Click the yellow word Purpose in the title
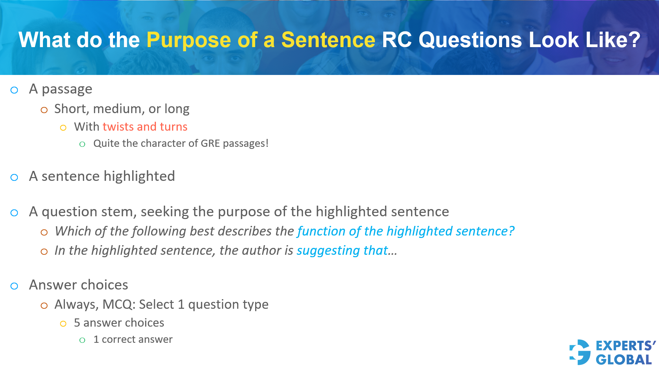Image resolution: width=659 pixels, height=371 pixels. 188,40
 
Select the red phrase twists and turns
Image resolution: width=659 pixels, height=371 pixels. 145,127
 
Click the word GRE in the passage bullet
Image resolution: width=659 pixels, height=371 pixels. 210,143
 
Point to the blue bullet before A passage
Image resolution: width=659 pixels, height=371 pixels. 14,90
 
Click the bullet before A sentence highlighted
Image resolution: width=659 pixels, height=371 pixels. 14,177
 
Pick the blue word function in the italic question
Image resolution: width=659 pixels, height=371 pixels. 321,231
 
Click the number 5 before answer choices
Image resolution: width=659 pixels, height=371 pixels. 77,323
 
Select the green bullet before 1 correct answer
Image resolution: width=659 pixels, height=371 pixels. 82,340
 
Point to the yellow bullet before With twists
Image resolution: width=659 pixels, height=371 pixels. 63,128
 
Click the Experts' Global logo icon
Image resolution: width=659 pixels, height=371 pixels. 580,352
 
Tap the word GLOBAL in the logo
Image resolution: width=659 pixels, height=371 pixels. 623,360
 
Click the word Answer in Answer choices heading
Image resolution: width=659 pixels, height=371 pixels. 53,285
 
